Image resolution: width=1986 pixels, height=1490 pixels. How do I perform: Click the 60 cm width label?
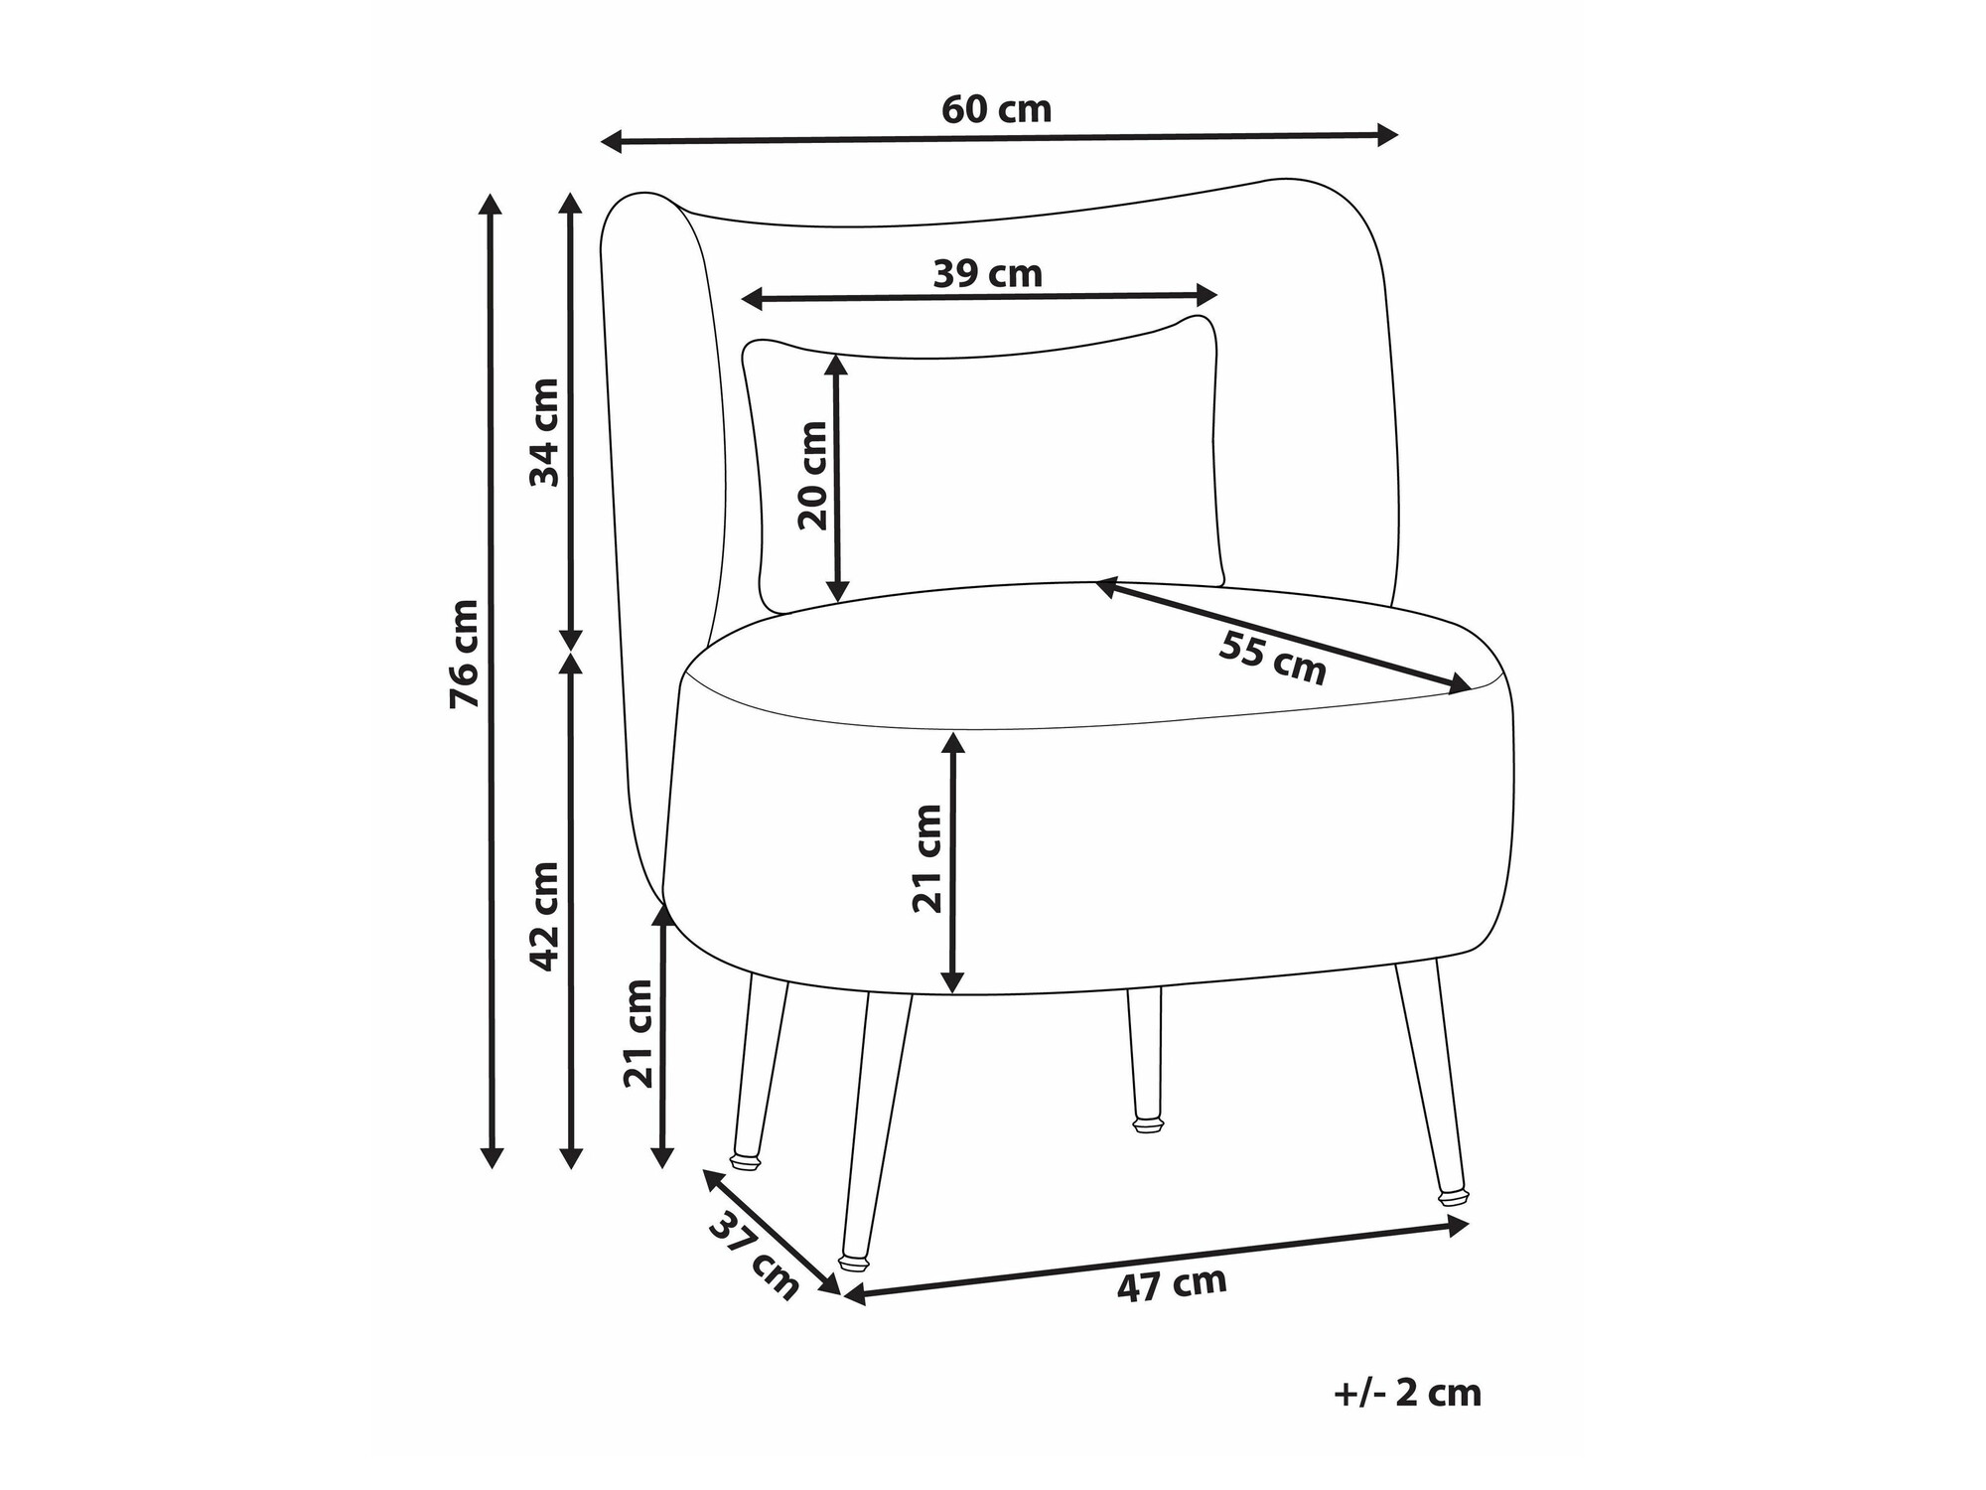(x=996, y=109)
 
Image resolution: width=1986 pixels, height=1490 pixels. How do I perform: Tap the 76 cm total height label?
(x=464, y=654)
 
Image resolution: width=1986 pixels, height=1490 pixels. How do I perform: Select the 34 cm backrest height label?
(x=544, y=432)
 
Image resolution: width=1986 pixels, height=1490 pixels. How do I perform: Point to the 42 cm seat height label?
(x=544, y=916)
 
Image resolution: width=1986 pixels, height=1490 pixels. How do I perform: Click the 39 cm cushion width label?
(x=988, y=273)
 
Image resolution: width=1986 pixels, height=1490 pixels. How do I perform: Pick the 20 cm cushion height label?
(x=812, y=476)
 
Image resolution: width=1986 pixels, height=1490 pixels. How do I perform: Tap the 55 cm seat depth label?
(x=1273, y=658)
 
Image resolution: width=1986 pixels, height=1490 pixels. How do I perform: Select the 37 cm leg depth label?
(x=755, y=1257)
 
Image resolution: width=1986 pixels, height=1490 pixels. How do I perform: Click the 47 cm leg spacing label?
(x=1173, y=1284)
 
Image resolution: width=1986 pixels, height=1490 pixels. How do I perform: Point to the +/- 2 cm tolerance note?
(x=1408, y=1394)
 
